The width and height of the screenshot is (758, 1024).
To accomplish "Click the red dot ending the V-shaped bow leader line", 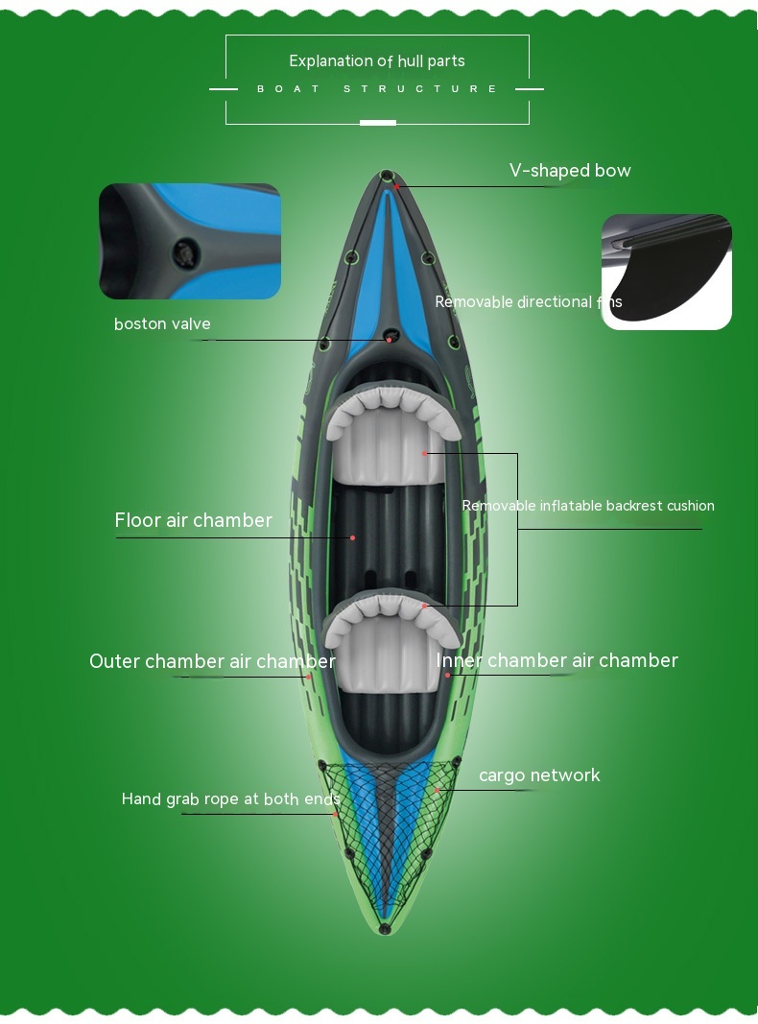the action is point(396,186).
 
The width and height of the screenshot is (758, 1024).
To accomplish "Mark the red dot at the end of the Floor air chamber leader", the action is point(352,537).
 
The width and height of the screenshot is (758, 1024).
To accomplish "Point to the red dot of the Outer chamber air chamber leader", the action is point(309,677).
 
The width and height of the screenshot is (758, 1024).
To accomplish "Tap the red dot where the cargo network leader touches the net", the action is point(438,790).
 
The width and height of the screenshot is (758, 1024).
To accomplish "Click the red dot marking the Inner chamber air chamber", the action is point(447,675).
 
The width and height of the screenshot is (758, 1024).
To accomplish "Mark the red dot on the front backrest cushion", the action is point(424,453).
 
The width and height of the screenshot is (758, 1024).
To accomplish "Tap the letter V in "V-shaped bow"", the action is point(515,171).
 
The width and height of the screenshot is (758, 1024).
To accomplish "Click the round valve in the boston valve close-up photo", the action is point(185,252).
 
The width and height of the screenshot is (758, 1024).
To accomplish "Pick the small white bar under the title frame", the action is point(378,123).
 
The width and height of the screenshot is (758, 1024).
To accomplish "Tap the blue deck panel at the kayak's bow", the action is point(387,274).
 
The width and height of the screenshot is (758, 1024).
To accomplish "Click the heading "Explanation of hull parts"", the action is point(377,60).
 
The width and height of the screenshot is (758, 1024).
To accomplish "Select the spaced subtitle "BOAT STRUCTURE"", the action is point(377,89).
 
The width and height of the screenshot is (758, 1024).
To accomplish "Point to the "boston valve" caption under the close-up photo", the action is point(162,324).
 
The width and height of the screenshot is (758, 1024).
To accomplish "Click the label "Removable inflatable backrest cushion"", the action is point(587,506).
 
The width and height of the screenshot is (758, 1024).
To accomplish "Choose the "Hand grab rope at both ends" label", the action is point(230,798).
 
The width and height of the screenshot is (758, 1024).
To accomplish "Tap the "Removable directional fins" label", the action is point(528,301).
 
